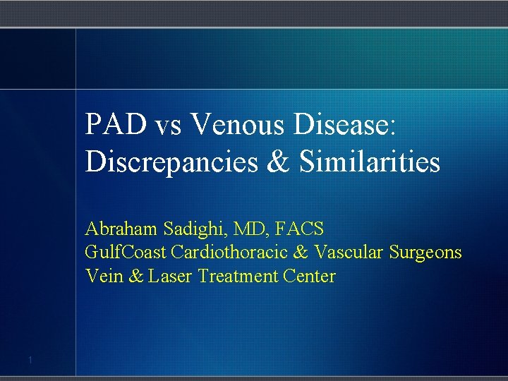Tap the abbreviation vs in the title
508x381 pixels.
click(169, 127)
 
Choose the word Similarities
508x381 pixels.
click(370, 162)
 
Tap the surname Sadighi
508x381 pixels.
click(185, 229)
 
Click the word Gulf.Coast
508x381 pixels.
click(126, 253)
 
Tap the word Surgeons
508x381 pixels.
click(428, 253)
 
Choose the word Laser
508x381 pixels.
click(172, 276)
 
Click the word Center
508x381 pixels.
click(309, 276)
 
